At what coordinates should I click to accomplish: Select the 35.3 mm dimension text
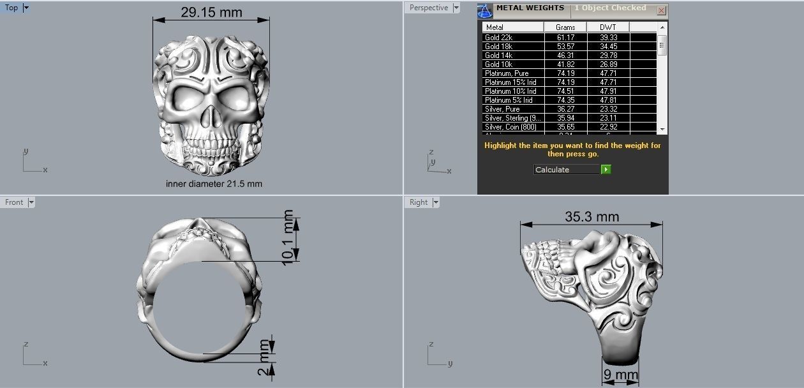[592, 217]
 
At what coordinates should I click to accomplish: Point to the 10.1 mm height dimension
[289, 236]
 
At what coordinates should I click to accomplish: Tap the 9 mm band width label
[620, 374]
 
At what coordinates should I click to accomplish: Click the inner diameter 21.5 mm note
[214, 184]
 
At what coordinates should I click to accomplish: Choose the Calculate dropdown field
[567, 170]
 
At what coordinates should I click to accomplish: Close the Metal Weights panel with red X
[661, 10]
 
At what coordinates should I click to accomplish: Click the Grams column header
[565, 27]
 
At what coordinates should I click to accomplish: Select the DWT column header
[608, 27]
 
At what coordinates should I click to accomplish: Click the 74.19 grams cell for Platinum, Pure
[565, 73]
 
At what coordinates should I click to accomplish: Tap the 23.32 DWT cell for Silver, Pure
[608, 109]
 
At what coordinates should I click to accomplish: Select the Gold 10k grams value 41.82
[565, 64]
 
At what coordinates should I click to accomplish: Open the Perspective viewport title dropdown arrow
[456, 8]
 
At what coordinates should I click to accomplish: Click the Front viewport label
[14, 202]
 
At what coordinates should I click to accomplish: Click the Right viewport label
[419, 202]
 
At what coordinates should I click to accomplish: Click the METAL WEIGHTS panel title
[530, 8]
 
